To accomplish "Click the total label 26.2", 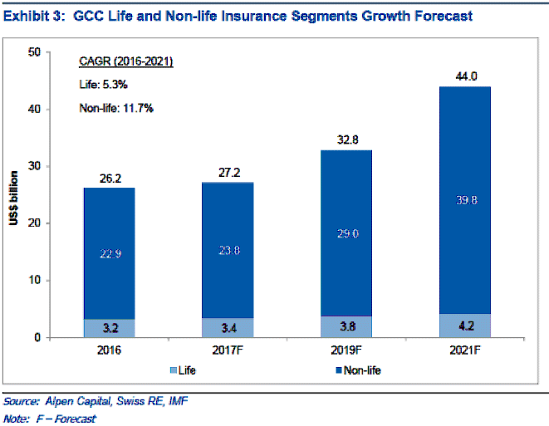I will click(109, 178).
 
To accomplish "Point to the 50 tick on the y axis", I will click(35, 52).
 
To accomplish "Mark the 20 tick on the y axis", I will click(35, 223).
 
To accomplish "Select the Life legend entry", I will click(189, 370).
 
